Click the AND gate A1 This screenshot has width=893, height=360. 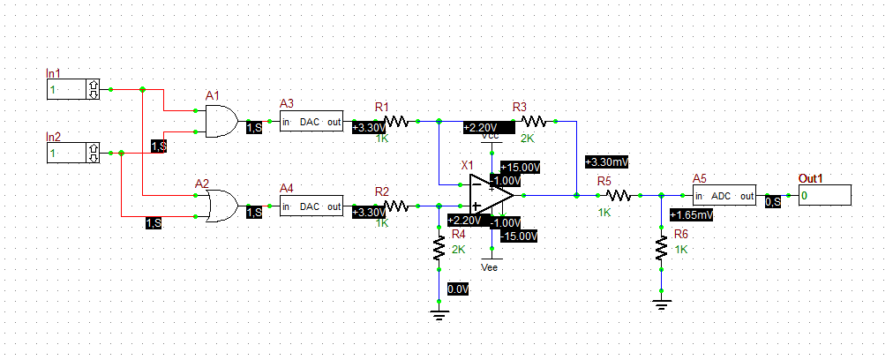pyautogui.click(x=221, y=121)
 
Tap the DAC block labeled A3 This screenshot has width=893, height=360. pyautogui.click(x=311, y=122)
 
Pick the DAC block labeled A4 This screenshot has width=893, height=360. pyautogui.click(x=311, y=207)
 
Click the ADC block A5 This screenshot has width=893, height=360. pyautogui.click(x=724, y=195)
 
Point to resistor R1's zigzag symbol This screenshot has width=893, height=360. pyautogui.click(x=394, y=121)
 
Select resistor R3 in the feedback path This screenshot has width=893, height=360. pyautogui.click(x=533, y=121)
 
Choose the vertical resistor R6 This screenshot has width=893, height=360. pyautogui.click(x=661, y=248)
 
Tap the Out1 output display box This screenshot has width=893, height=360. pyautogui.click(x=824, y=195)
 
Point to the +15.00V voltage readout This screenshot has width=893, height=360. pyautogui.click(x=521, y=167)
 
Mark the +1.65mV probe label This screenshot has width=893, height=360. pyautogui.click(x=692, y=214)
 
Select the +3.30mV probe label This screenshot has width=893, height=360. pyautogui.click(x=607, y=162)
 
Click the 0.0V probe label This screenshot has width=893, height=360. pyautogui.click(x=458, y=289)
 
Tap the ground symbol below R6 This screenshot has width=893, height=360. pyautogui.click(x=661, y=305)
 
